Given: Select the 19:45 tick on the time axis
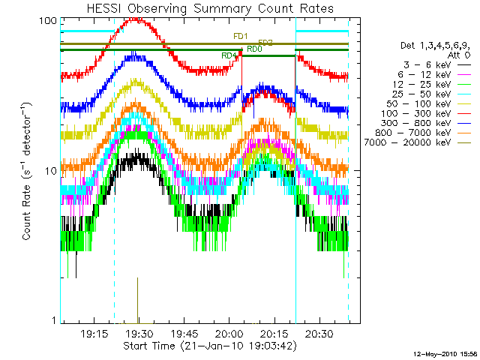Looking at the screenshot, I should pos(184,333).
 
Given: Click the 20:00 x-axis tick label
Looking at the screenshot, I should pos(229,333).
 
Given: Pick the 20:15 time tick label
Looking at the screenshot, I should pos(275,333).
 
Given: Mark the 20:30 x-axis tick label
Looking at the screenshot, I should pos(320,333).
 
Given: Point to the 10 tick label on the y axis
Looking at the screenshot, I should pos(51,171).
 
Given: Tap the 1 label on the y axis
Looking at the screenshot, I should pos(54,321).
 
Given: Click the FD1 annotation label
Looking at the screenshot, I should pos(241,37).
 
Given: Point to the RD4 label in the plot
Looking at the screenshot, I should pos(229,55).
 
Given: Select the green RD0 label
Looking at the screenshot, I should pos(253,49).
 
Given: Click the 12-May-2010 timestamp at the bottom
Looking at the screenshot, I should pos(445,353).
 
